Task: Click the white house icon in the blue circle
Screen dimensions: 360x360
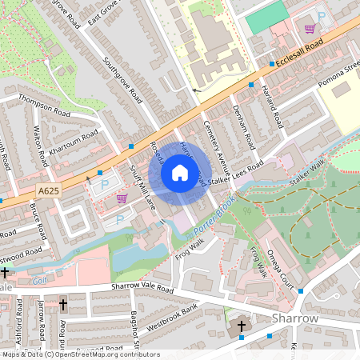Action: (180, 172)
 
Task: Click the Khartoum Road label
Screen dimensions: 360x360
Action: (73, 141)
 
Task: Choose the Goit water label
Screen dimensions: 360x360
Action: (40, 280)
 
